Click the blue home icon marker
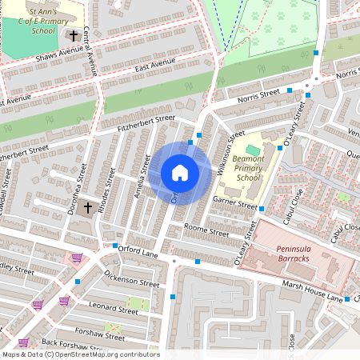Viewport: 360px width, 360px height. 180,173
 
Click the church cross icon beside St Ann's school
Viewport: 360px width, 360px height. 74,36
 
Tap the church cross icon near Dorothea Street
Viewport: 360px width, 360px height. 87,208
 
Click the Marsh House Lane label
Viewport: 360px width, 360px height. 312,292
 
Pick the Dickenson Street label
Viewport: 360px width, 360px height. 132,278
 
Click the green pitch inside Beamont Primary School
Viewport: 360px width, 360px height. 253,150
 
